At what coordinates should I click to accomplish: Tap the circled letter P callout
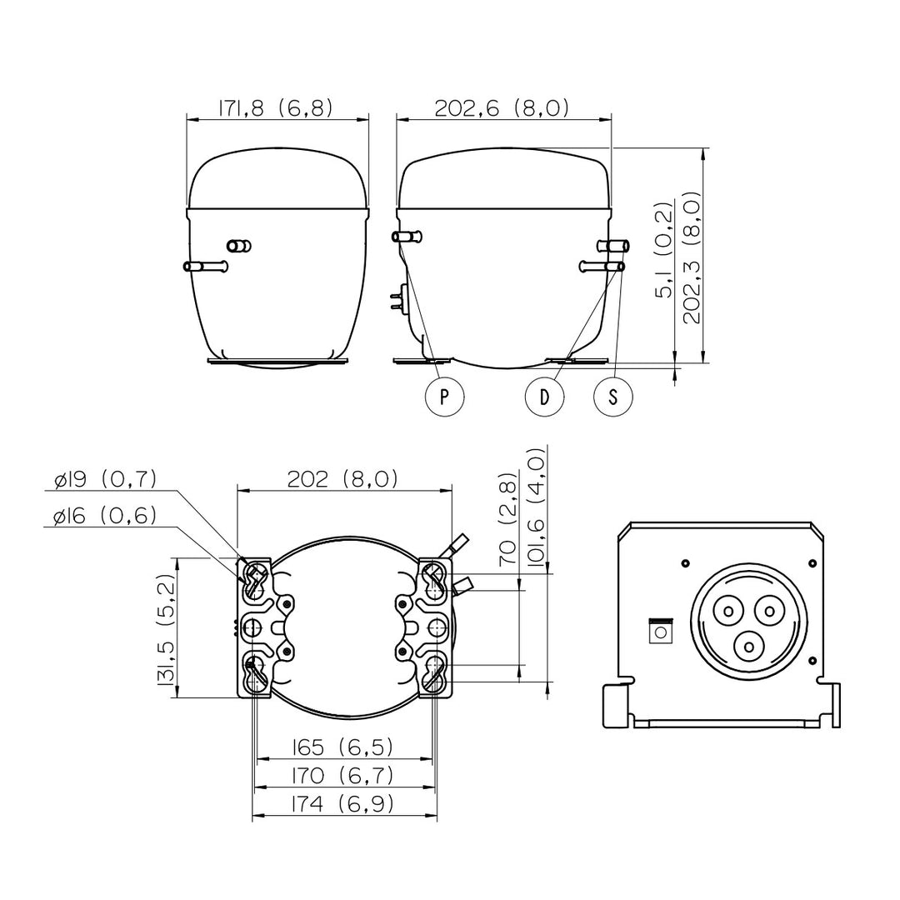(x=444, y=397)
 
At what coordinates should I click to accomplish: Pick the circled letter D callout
(x=545, y=397)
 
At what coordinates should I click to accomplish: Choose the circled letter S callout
(x=613, y=397)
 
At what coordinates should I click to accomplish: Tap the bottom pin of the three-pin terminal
(x=748, y=647)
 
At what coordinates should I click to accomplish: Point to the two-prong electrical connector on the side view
(x=397, y=301)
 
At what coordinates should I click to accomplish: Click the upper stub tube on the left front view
(x=239, y=246)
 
